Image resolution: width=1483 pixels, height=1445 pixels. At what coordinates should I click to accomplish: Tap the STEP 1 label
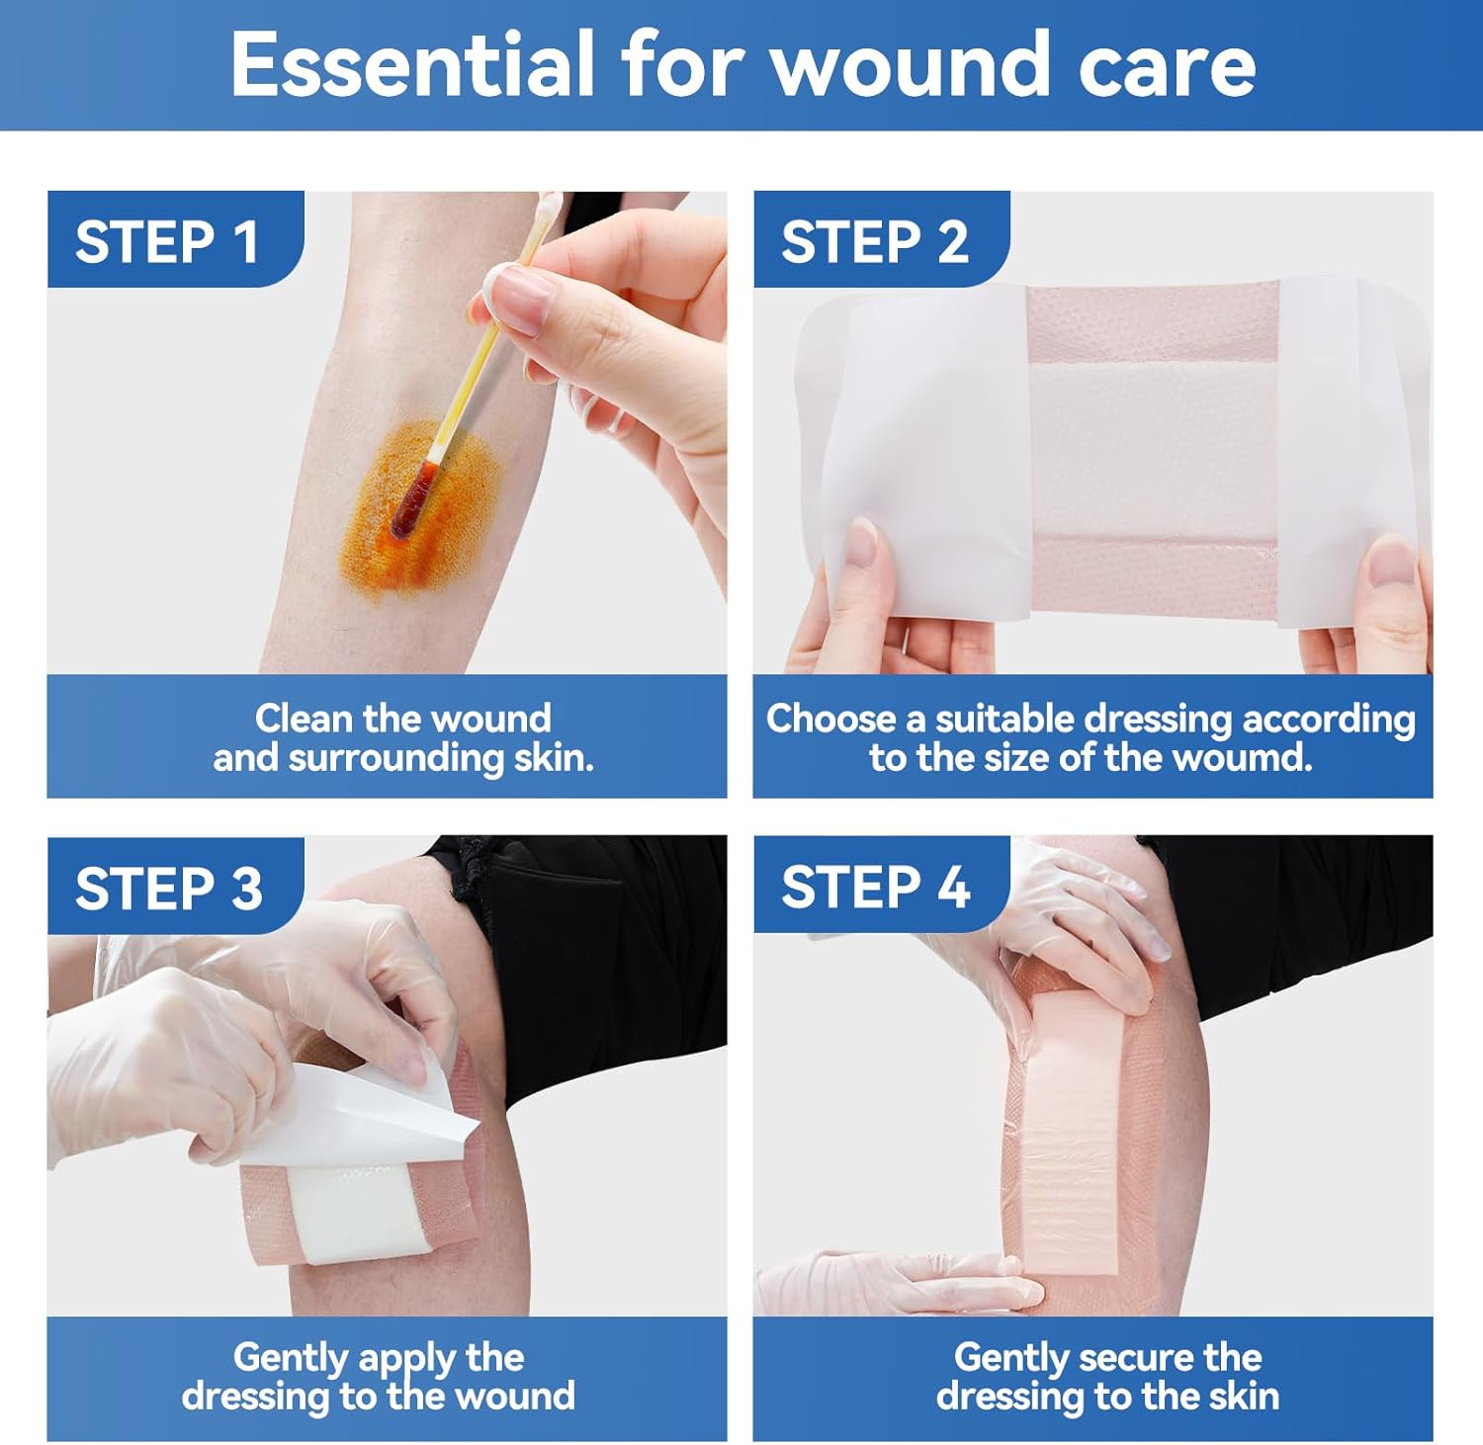pyautogui.click(x=167, y=242)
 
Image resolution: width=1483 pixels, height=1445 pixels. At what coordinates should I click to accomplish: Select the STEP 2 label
pyautogui.click(x=874, y=242)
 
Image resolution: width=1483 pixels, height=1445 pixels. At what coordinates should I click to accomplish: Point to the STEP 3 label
pyautogui.click(x=169, y=888)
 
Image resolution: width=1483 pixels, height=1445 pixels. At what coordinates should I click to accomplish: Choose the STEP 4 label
pyautogui.click(x=875, y=887)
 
